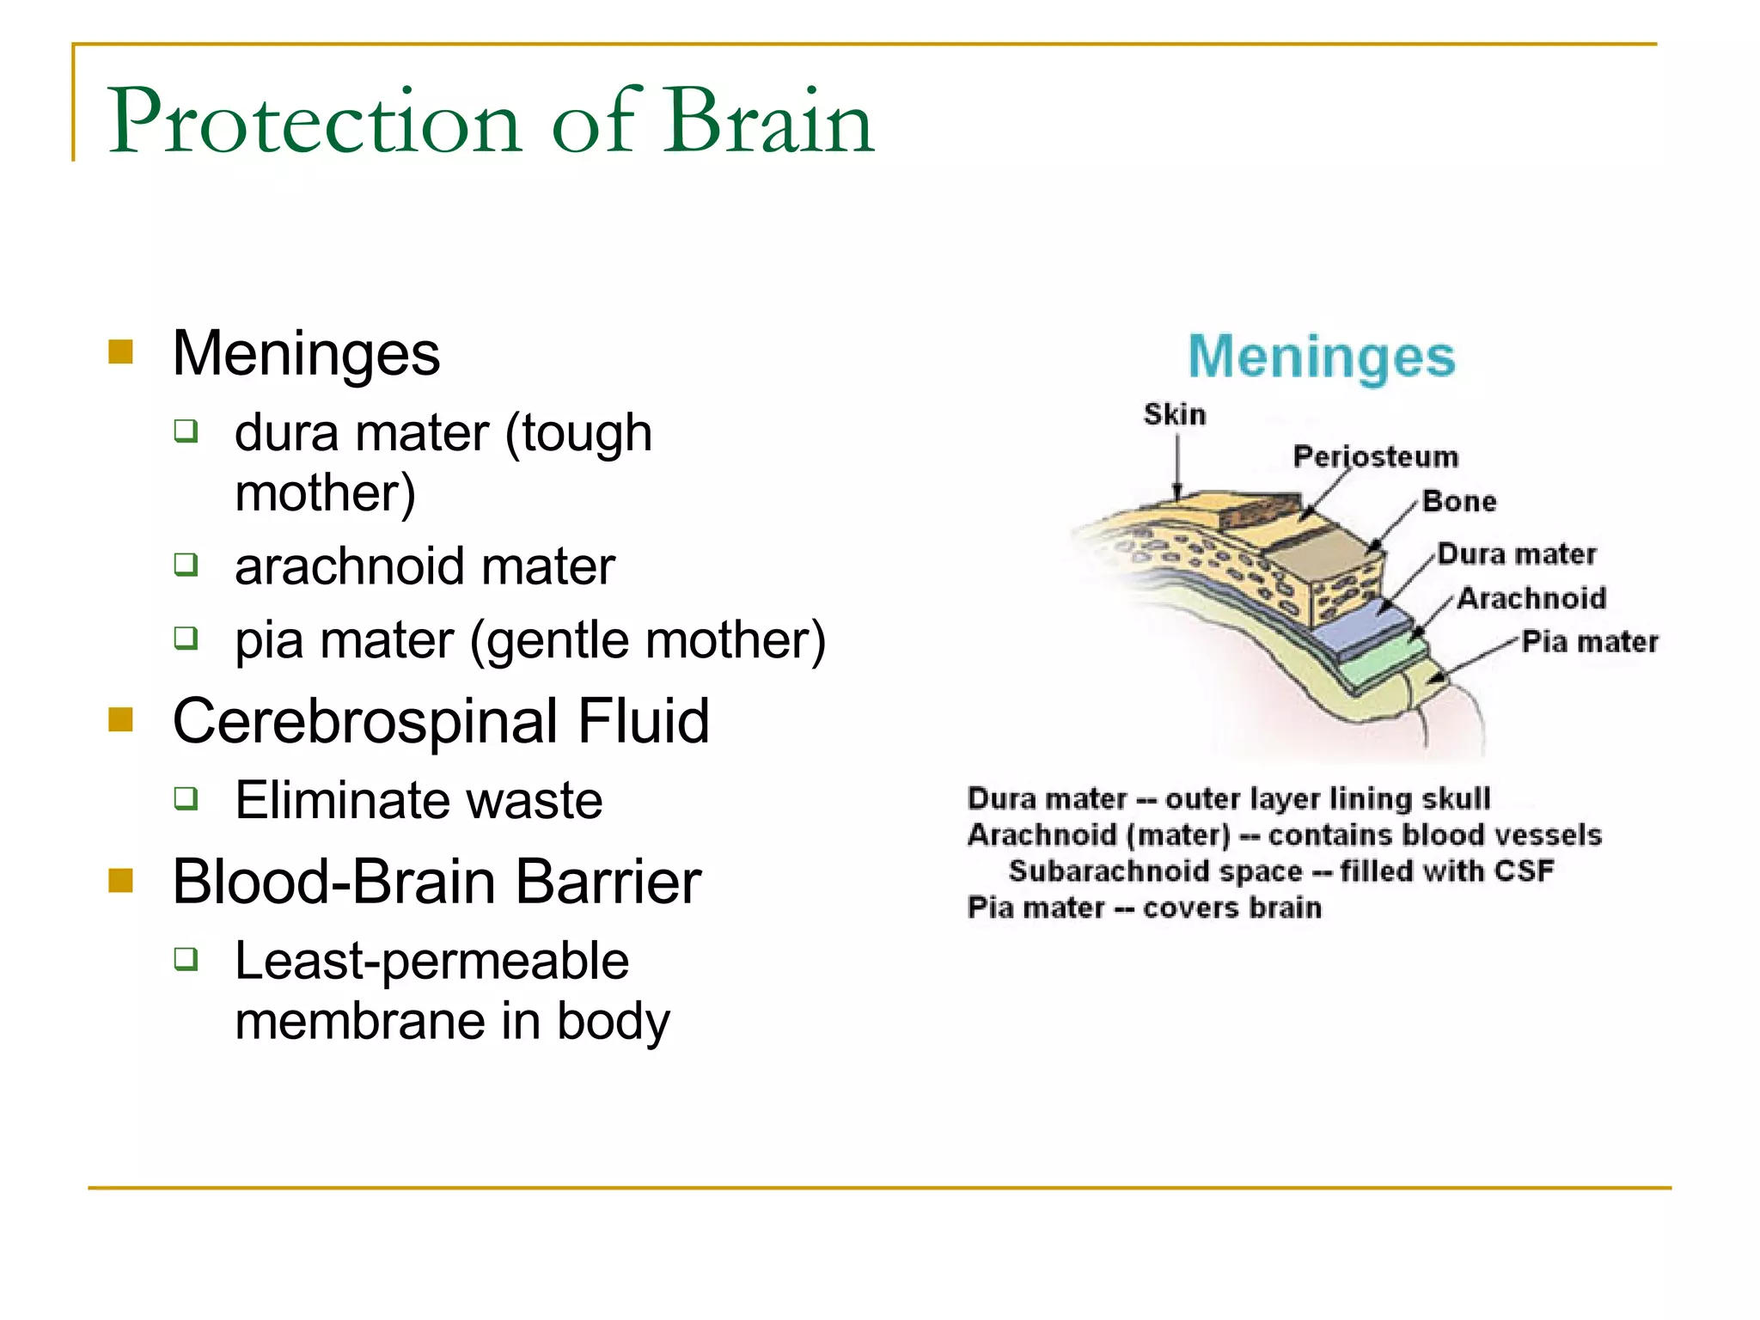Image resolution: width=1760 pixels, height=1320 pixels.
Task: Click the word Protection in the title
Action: pos(315,122)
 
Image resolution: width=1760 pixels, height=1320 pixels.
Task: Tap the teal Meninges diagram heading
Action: pos(1321,357)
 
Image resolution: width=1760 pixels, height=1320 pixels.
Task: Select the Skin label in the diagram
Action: pos(1174,414)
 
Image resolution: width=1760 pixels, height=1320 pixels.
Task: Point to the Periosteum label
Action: pos(1375,456)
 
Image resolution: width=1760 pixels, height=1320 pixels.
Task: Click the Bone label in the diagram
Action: pos(1459,501)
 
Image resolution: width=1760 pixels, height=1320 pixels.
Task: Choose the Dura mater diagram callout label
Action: pos(1517,554)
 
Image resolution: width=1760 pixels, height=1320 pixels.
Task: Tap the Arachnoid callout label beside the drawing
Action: pos(1531,598)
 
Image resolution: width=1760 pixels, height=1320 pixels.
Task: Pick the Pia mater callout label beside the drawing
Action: pos(1589,642)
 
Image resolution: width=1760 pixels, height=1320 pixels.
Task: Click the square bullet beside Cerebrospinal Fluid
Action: pos(121,719)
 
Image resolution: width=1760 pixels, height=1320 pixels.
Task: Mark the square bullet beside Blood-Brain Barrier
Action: pos(121,880)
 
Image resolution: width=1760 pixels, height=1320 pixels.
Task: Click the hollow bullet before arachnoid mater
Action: pos(186,565)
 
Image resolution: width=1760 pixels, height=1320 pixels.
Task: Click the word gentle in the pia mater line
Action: pos(559,640)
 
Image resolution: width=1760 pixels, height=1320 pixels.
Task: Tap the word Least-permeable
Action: pos(431,961)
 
